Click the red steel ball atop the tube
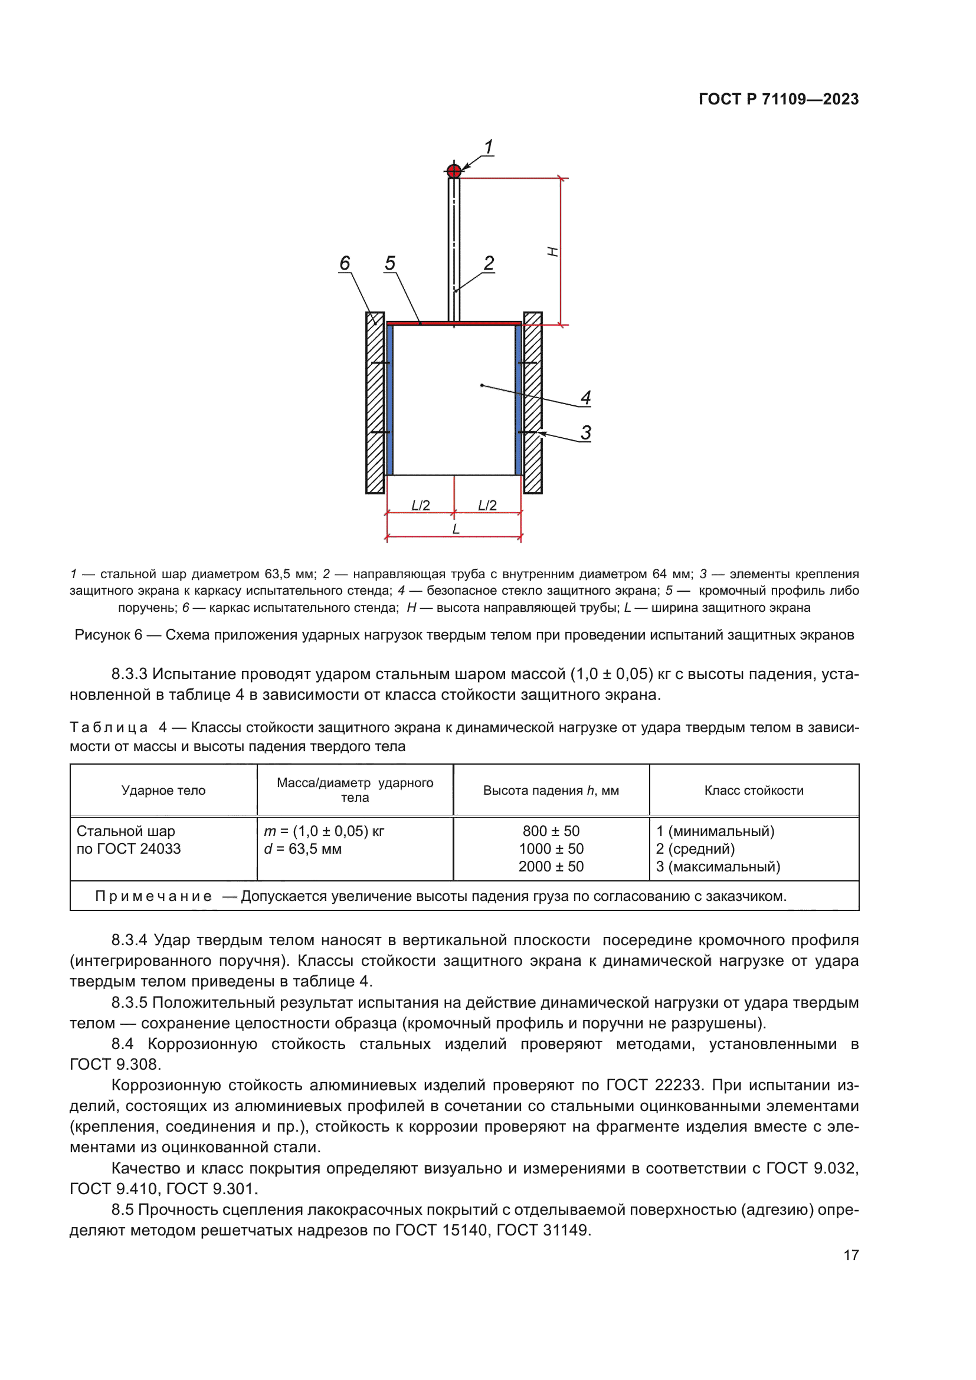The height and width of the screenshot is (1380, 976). [x=454, y=171]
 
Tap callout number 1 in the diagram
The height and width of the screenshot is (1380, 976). [x=489, y=147]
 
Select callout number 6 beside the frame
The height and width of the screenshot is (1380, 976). [x=345, y=263]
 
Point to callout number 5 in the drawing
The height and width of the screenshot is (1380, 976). [x=390, y=263]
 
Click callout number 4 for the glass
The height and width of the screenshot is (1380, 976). [x=586, y=397]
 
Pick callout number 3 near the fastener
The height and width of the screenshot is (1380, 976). [x=586, y=432]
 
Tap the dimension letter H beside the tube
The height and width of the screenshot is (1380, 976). [x=552, y=251]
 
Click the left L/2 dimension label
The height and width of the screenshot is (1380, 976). [x=420, y=506]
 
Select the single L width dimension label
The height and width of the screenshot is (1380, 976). [x=456, y=529]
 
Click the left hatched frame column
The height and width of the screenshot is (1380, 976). [x=375, y=403]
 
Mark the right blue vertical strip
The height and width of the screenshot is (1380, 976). [x=519, y=399]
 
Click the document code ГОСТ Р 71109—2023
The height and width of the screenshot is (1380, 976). [x=778, y=99]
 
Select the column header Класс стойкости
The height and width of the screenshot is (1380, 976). [x=754, y=791]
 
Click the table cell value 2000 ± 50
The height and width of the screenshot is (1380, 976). [x=551, y=866]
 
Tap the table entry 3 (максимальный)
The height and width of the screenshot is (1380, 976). [x=718, y=866]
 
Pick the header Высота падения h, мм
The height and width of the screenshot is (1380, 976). [x=551, y=791]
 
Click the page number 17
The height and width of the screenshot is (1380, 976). [x=850, y=1255]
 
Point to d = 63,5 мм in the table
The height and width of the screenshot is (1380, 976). [x=302, y=848]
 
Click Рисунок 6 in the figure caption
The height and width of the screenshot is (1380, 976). [x=108, y=635]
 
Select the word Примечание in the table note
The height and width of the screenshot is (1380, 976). [x=153, y=896]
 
